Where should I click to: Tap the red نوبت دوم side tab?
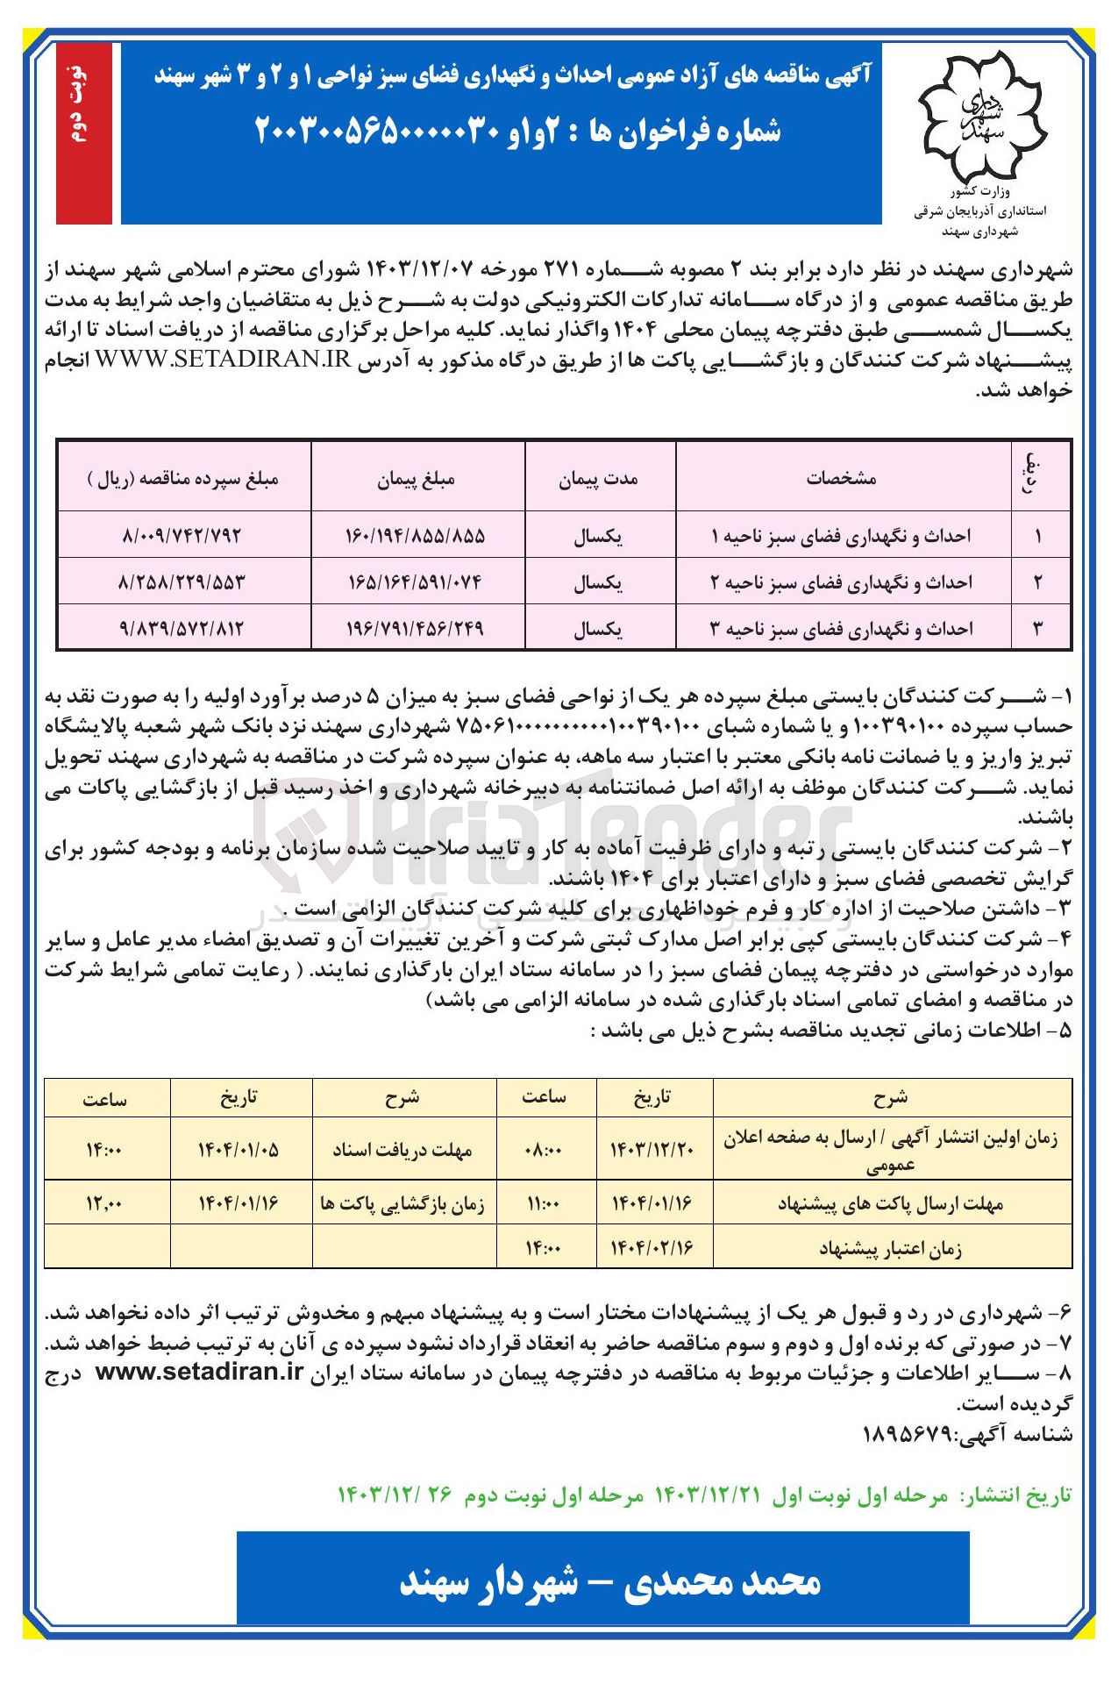pos(83,132)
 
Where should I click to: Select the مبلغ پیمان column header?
pos(417,479)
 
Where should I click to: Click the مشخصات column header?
pos(842,479)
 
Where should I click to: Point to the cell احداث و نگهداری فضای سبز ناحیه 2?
pos(842,581)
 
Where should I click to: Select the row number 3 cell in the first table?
pos(1038,628)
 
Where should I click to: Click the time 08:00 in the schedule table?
pos(544,1149)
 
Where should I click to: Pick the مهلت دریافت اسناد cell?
pos(402,1149)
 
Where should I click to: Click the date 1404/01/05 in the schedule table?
pos(239,1149)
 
